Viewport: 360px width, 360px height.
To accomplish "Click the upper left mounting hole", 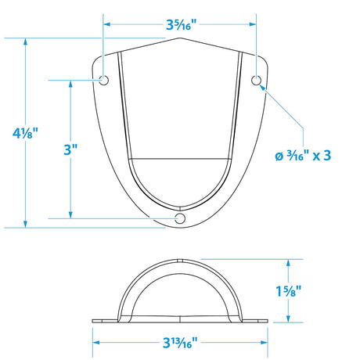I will [x=104, y=81].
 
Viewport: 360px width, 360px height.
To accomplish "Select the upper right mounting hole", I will [x=256, y=81].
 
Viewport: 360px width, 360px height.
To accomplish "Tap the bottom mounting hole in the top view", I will [x=181, y=218].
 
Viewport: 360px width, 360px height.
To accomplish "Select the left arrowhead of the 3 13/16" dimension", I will [x=97, y=342].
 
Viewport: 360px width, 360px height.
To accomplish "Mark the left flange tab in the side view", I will [x=103, y=319].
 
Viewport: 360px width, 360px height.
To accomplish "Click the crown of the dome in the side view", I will [x=181, y=259].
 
